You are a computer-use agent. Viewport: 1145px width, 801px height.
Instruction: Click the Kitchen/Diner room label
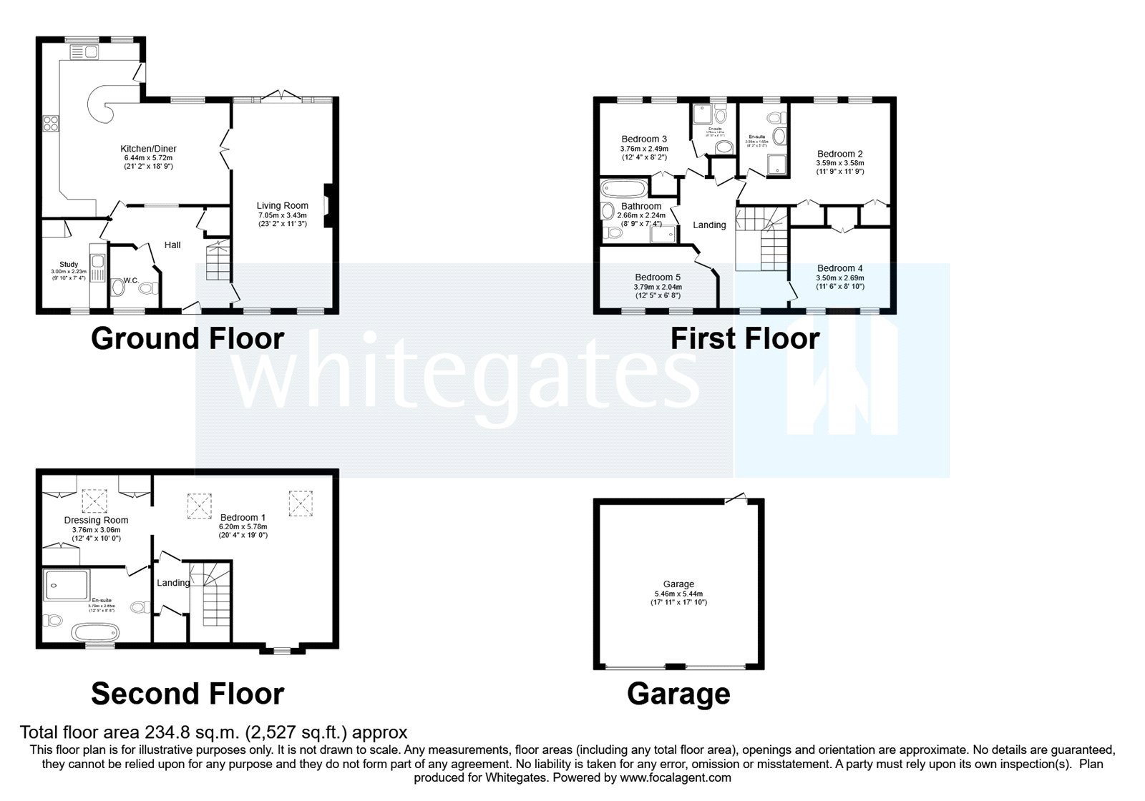148,149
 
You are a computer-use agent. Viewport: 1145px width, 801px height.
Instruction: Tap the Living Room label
282,206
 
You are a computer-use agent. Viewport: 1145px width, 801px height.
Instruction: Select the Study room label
69,265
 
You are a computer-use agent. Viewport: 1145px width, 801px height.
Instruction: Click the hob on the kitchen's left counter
51,124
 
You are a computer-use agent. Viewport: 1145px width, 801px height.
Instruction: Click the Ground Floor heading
187,338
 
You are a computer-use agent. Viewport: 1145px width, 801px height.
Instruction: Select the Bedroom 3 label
644,139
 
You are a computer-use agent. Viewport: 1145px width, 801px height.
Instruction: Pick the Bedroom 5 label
658,277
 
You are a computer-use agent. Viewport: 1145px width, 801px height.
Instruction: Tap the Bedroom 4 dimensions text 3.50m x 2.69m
840,278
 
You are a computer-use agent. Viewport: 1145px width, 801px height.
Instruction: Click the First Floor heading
744,338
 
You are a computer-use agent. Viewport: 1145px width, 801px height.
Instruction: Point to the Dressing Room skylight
93,501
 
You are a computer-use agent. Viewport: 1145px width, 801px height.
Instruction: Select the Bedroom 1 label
243,517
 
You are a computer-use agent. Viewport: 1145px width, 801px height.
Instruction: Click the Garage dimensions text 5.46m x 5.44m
678,594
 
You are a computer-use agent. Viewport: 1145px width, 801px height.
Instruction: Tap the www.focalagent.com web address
675,777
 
